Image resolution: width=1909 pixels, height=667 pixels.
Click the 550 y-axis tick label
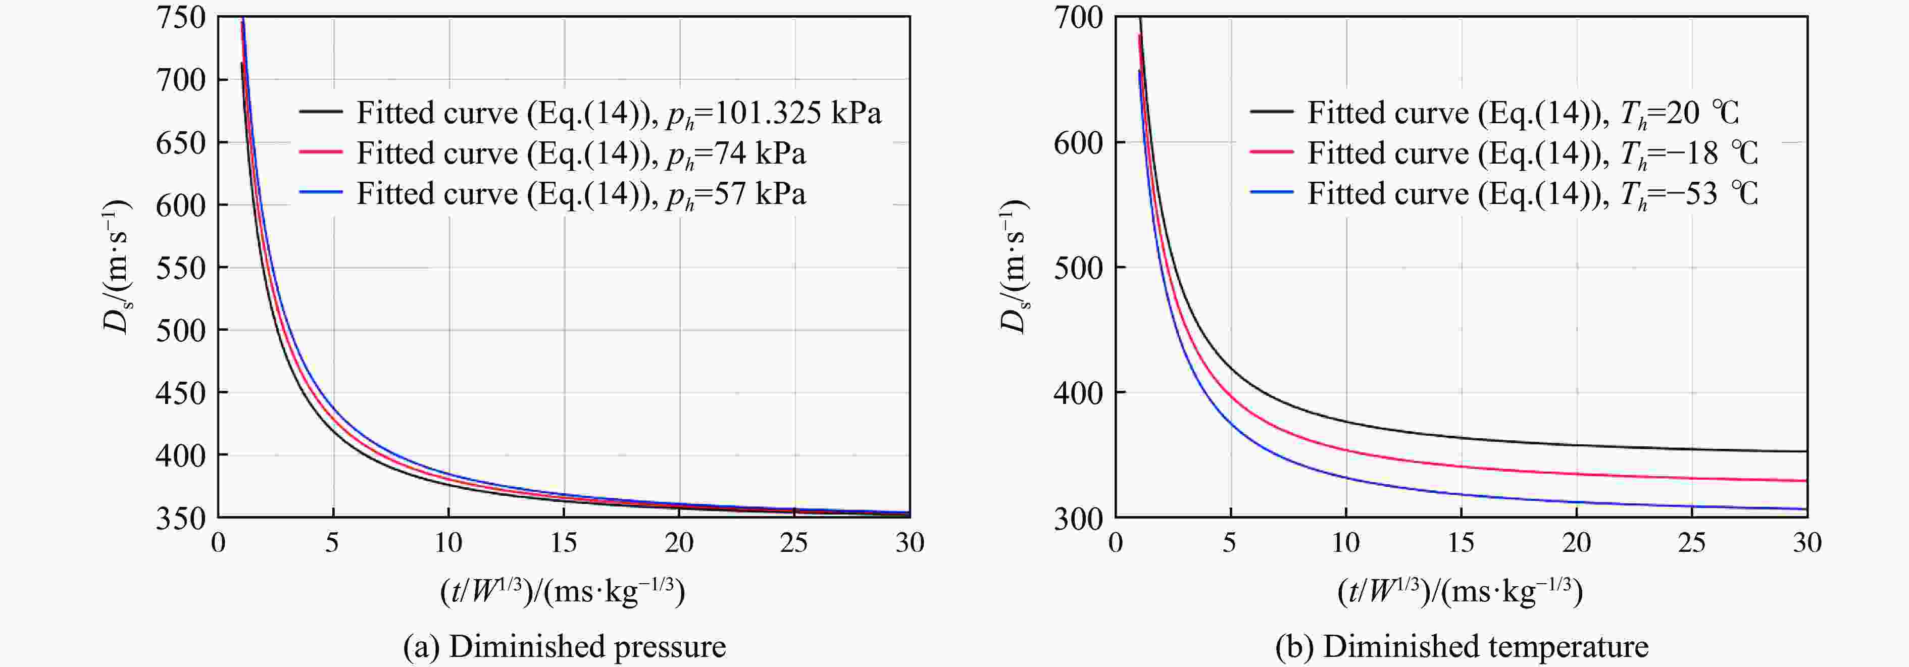point(180,268)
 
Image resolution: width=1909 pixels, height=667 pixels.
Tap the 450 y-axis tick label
point(180,393)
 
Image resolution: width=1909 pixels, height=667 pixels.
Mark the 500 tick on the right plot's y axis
point(1078,268)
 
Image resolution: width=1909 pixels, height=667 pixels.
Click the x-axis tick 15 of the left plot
point(564,543)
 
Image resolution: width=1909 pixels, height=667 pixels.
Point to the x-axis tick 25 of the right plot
point(1692,543)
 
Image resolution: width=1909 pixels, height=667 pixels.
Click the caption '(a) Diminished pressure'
point(564,646)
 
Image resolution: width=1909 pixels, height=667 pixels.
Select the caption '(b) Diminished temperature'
point(1462,646)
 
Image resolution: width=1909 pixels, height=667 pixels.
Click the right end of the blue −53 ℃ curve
point(1805,509)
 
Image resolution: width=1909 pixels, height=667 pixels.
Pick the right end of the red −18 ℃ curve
point(1805,481)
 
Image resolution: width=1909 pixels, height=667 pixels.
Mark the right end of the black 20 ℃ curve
point(1805,451)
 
